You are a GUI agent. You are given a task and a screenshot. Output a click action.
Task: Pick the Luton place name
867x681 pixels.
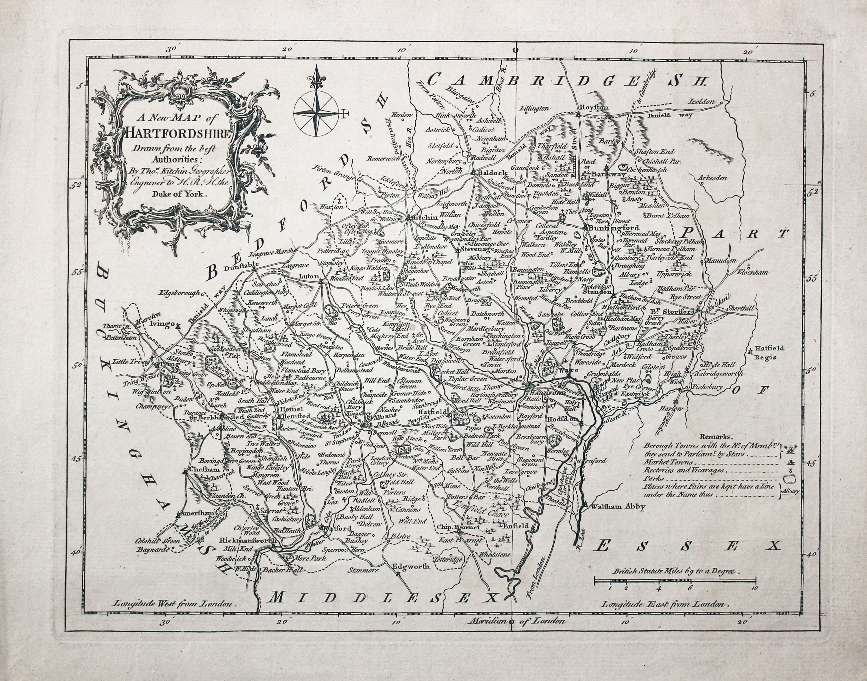coord(309,276)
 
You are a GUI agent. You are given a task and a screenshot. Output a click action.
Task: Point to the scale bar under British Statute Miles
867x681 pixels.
coord(675,579)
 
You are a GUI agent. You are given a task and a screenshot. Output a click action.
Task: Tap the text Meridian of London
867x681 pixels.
coord(517,621)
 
